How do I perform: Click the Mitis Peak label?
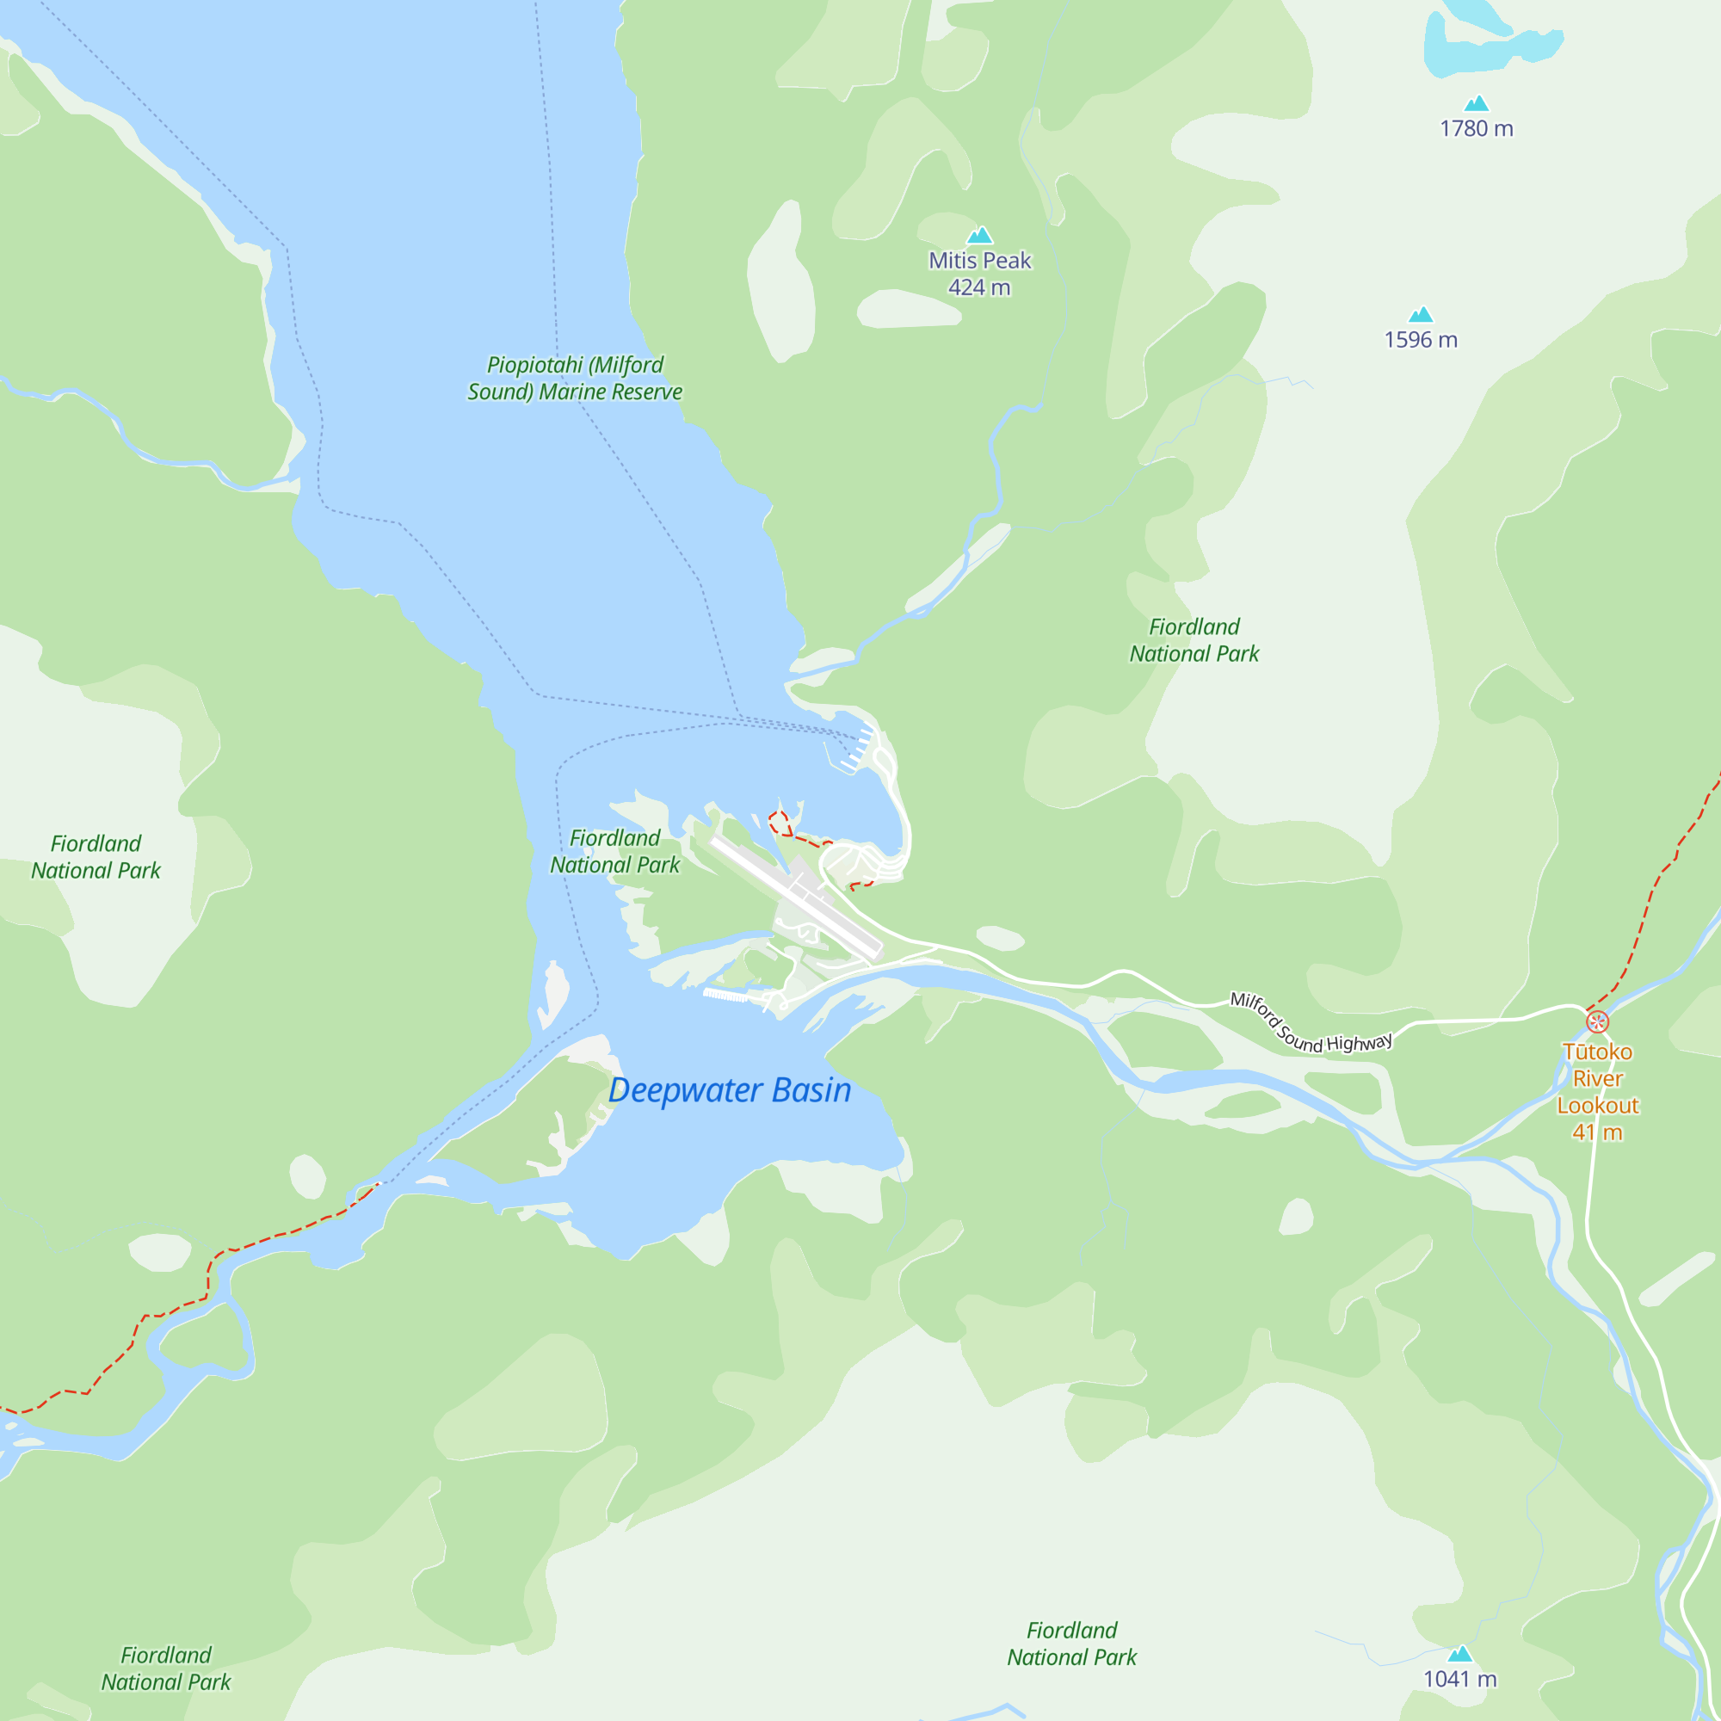coord(979,260)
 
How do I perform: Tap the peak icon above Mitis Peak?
coord(980,235)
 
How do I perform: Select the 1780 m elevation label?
coord(1476,128)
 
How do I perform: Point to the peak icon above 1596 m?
coord(1421,314)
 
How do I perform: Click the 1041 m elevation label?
coord(1459,1679)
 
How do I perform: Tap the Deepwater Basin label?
coord(730,1090)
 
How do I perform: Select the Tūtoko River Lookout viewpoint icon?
coord(1598,1021)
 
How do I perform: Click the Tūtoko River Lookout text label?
coord(1598,1091)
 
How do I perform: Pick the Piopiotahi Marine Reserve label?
coord(575,378)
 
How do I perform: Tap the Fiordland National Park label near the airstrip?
coord(614,852)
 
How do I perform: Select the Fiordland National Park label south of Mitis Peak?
coord(1194,639)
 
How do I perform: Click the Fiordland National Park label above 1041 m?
coord(1071,1644)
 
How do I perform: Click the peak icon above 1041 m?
coord(1459,1654)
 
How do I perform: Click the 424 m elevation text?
coord(979,287)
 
